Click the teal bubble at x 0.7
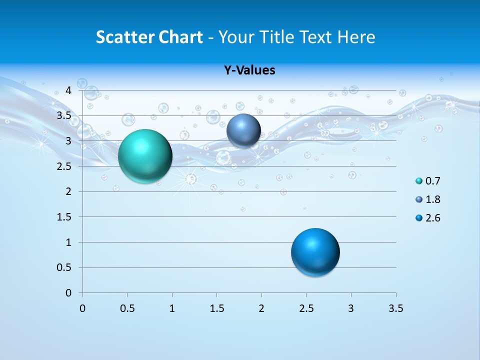[145, 156]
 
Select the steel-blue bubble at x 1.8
[243, 130]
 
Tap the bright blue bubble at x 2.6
[315, 252]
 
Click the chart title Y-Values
[249, 70]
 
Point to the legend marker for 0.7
[419, 181]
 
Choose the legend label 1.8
[432, 199]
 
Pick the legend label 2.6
[432, 218]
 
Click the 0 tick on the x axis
[82, 308]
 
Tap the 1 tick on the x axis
[172, 308]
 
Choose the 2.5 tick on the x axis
[306, 308]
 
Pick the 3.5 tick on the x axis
[395, 308]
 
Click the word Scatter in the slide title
[125, 37]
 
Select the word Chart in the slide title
[180, 37]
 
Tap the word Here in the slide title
[356, 37]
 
